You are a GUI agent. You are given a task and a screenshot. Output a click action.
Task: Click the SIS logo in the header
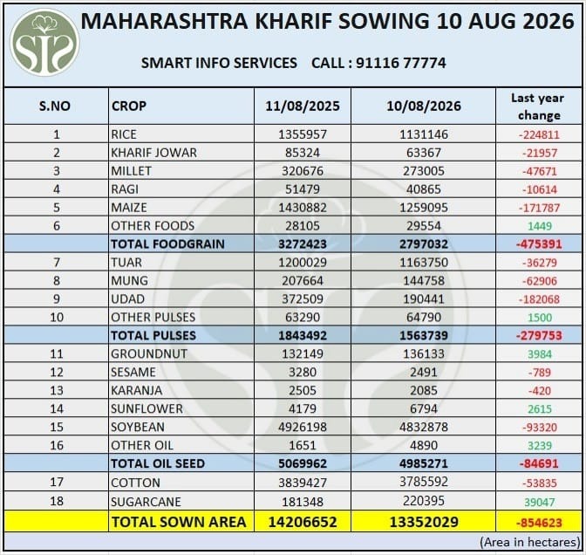click(44, 42)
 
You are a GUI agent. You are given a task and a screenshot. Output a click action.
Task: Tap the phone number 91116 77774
click(400, 63)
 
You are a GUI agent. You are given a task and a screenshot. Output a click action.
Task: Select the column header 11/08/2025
click(303, 106)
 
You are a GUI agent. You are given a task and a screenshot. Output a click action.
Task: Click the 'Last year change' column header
click(538, 106)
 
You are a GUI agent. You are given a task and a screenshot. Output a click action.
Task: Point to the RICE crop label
click(124, 134)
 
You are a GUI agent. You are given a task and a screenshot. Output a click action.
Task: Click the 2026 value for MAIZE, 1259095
click(424, 208)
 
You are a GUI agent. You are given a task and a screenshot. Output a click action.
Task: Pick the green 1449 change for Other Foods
click(540, 226)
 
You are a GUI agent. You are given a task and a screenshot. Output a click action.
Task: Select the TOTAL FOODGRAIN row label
click(167, 243)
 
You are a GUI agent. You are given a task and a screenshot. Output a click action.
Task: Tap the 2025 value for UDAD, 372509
click(303, 298)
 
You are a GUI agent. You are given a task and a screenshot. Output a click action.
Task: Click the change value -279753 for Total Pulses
click(539, 335)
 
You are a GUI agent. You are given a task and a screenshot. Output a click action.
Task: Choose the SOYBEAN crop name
click(138, 427)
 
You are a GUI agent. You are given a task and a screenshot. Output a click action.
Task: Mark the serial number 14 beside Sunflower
click(57, 408)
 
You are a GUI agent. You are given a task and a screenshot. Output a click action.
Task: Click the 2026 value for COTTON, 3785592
click(424, 482)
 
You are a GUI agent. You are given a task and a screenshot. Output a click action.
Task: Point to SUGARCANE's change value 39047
click(539, 502)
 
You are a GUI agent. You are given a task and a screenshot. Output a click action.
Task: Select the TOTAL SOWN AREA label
click(179, 522)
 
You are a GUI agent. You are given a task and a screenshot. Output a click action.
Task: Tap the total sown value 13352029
click(424, 522)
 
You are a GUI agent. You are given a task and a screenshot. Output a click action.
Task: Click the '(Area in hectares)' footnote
click(530, 542)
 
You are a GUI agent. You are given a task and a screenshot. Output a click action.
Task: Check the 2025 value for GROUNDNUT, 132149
click(303, 353)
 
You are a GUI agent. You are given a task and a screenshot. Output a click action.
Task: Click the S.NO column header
click(55, 106)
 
